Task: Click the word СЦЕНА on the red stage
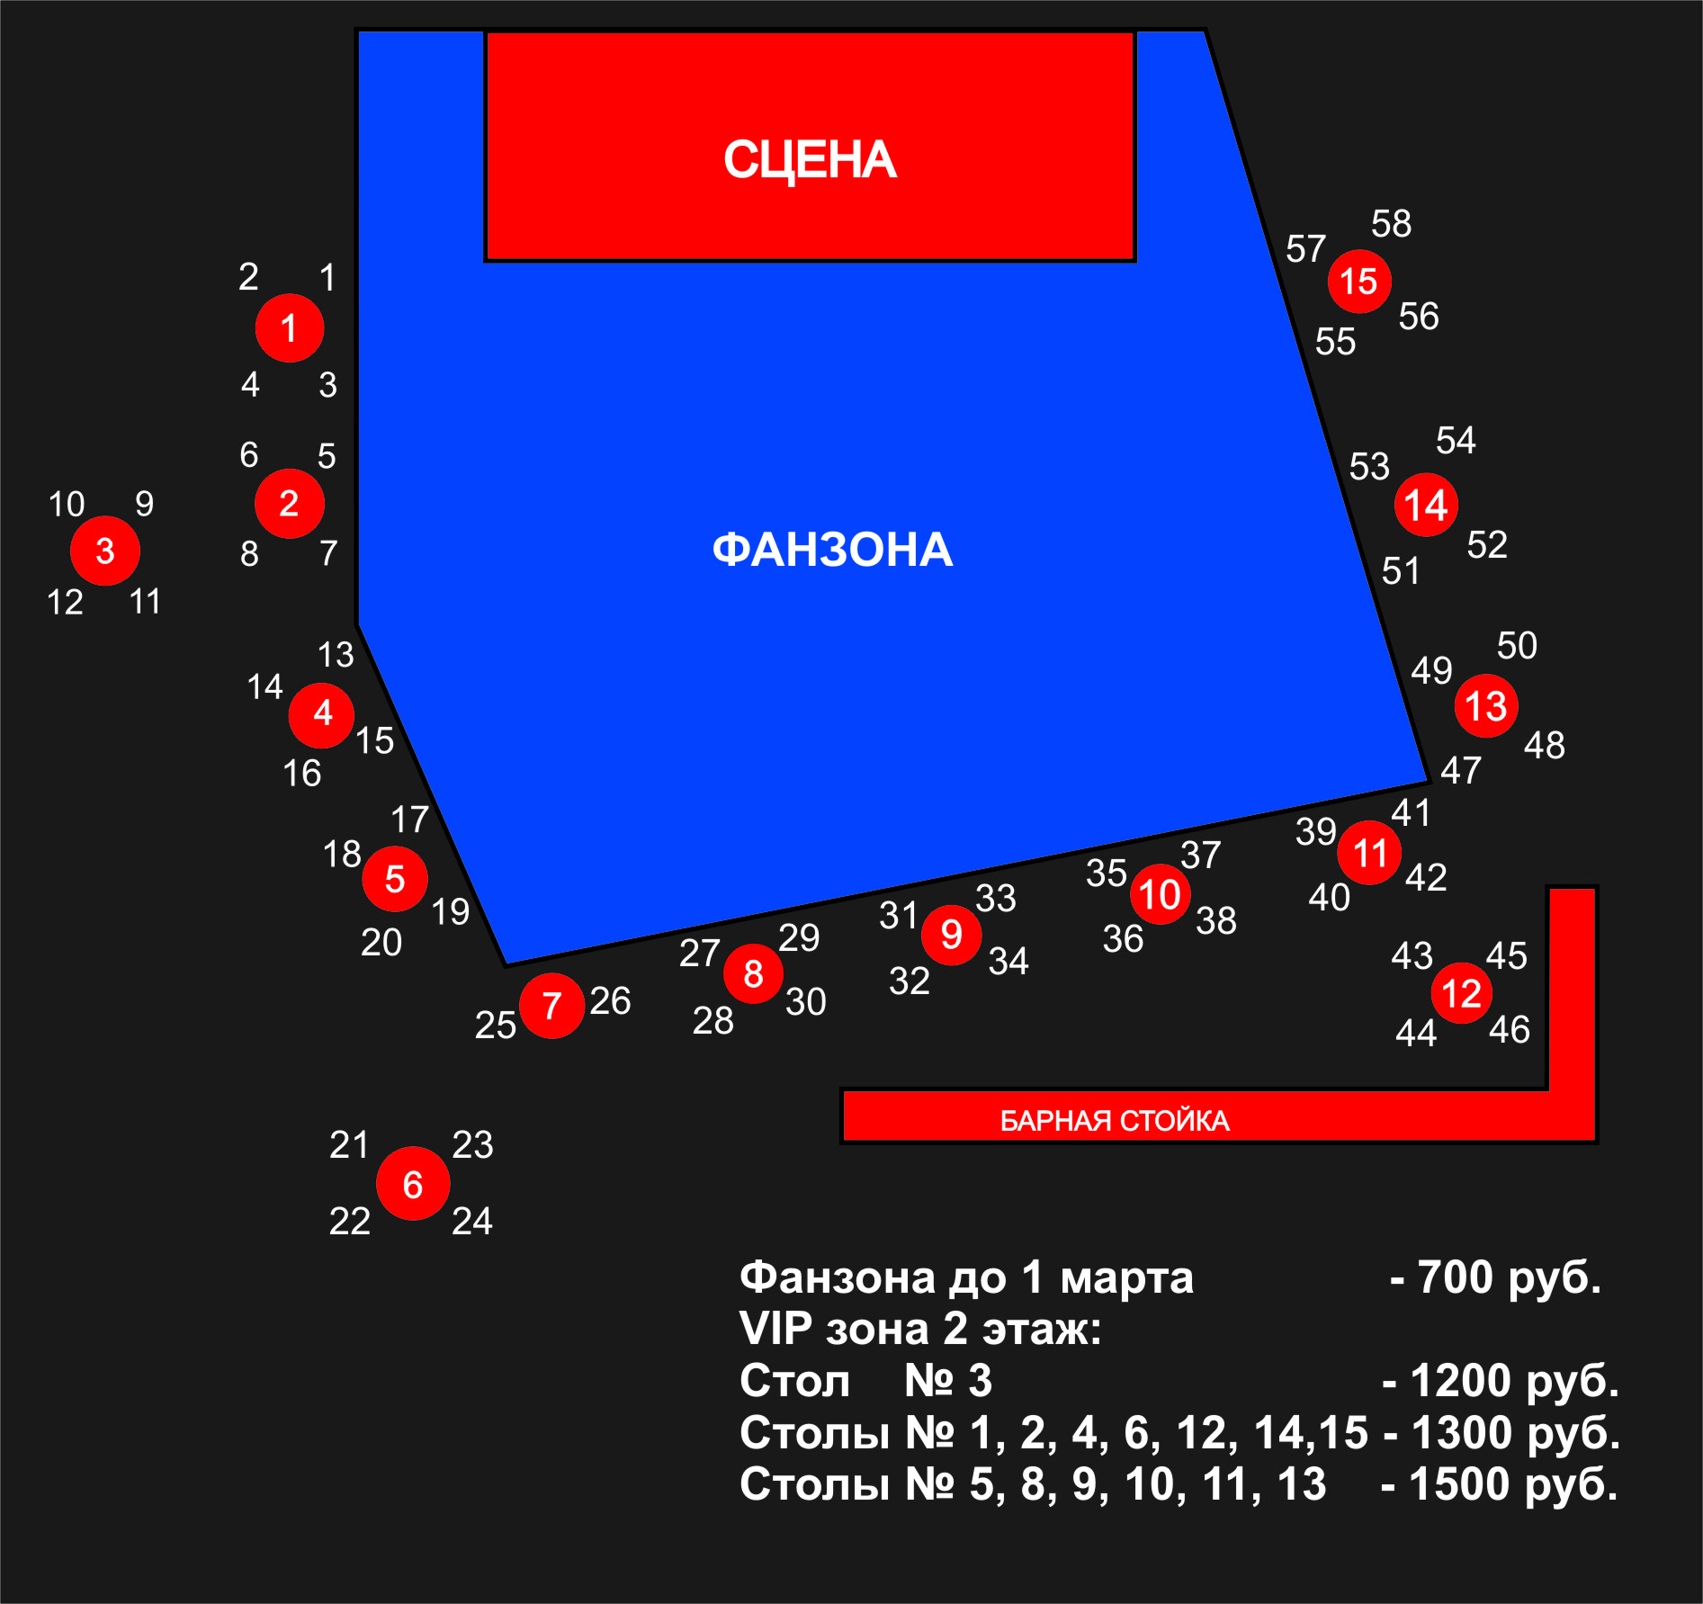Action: [810, 160]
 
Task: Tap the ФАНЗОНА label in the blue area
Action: [832, 550]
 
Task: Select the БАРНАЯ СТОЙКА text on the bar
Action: [1114, 1121]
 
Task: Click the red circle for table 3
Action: [105, 551]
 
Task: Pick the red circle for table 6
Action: [413, 1184]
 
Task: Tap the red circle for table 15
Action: [1359, 282]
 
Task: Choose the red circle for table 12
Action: [1461, 993]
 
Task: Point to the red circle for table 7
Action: [551, 1005]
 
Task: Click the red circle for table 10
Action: [1160, 894]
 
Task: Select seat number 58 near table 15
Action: [1391, 224]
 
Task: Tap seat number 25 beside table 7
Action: [495, 1026]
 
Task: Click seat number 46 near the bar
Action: [1509, 1030]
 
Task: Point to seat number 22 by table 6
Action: [349, 1222]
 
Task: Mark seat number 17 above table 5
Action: [409, 820]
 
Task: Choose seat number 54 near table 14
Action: [1455, 441]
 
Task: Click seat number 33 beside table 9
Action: [995, 899]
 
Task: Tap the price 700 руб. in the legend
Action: [1509, 1277]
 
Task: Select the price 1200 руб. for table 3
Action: [1514, 1381]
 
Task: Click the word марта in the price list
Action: [1126, 1277]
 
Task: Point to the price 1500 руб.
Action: [1513, 1484]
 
